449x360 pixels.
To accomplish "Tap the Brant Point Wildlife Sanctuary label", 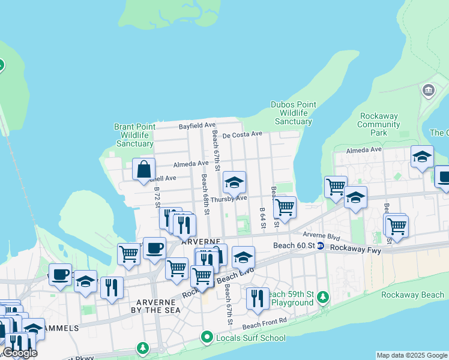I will coord(134,135).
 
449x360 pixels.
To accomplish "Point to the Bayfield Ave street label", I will coord(197,125).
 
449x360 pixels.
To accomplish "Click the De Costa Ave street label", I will coord(243,134).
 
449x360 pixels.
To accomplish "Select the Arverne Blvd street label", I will coord(321,235).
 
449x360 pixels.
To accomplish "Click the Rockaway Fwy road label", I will coord(355,247).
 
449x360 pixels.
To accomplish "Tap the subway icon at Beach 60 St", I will coord(321,246).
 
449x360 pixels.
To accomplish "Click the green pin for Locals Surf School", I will coord(207,338).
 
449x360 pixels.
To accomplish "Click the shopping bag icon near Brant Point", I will coord(144,169).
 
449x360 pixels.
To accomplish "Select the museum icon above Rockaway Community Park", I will coord(428,91).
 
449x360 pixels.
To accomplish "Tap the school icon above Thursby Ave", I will coord(234,182).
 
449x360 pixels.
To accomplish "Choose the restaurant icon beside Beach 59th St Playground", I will coord(258,298).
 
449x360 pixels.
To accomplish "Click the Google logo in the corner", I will coord(20,353).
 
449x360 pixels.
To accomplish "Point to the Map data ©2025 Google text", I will coord(412,355).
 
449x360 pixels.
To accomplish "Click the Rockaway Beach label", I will coord(412,295).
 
